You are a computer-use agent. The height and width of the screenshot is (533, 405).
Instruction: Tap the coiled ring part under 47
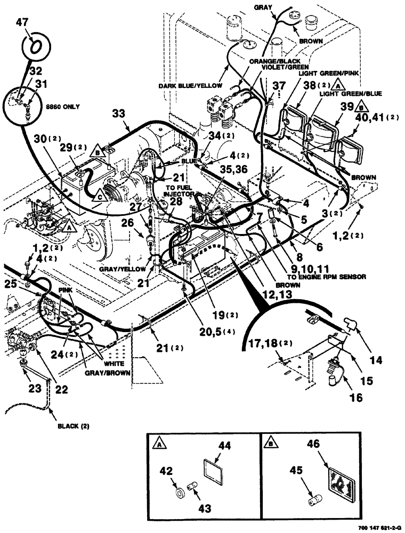coord(36,47)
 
